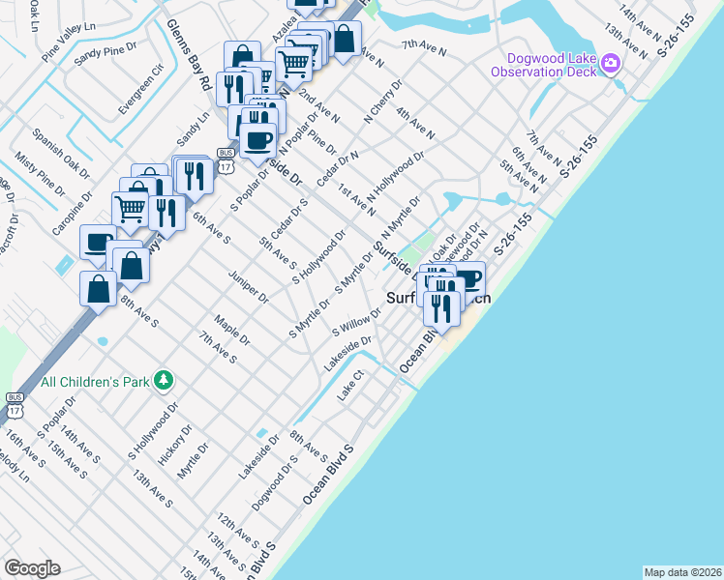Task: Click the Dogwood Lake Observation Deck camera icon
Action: (610, 65)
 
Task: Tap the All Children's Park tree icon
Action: (166, 381)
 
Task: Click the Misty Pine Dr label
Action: (35, 172)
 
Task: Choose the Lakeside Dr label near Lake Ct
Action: (349, 354)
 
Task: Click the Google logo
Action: (31, 568)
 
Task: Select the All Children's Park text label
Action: (95, 382)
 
